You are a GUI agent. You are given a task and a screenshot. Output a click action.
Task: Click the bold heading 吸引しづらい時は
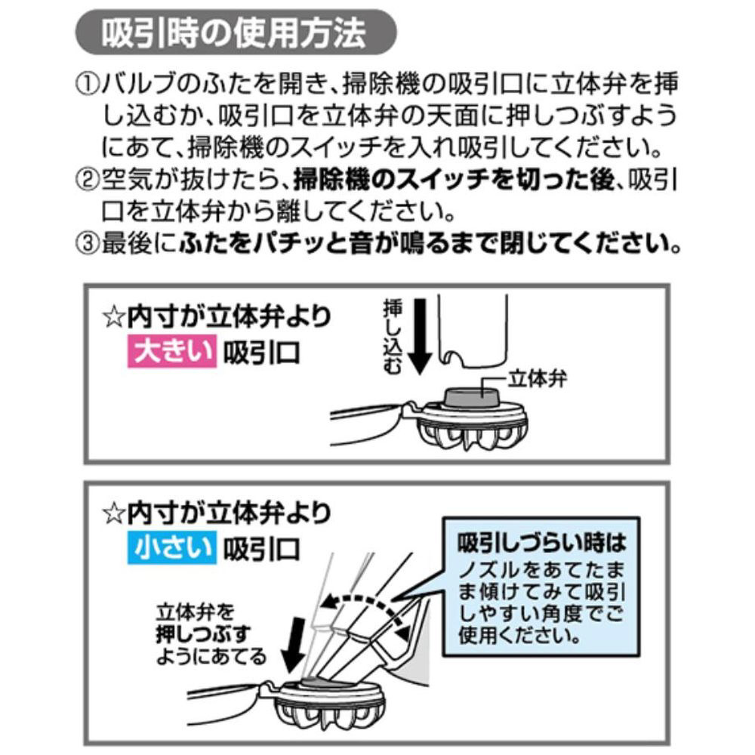[x=541, y=541]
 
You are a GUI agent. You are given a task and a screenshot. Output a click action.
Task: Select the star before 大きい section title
[x=112, y=317]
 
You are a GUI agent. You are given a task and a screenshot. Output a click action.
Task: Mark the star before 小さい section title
[x=112, y=514]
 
